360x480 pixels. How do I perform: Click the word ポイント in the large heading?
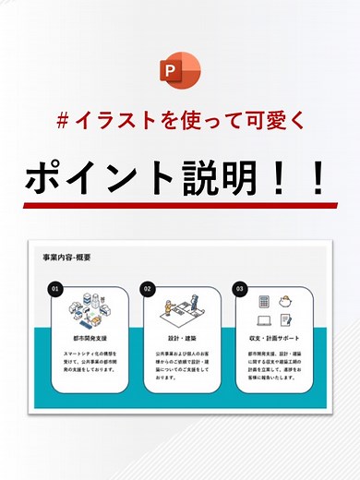[101, 174]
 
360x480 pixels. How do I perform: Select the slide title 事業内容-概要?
[67, 258]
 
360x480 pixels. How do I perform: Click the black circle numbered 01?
[55, 288]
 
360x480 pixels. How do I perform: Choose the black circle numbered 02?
[147, 288]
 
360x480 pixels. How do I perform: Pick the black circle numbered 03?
[239, 288]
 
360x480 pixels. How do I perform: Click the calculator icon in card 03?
[264, 302]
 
